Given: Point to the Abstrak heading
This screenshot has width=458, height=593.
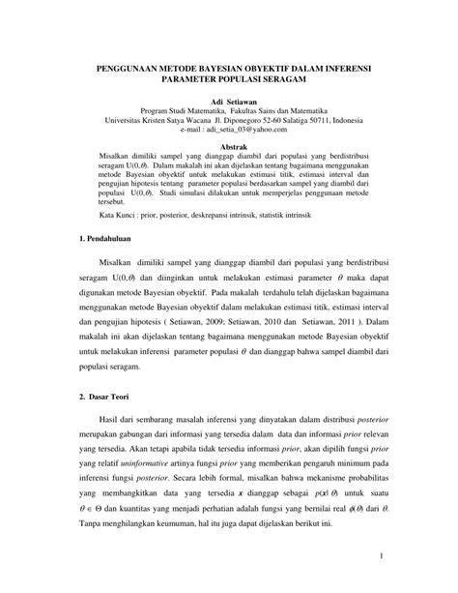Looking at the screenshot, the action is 229,141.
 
